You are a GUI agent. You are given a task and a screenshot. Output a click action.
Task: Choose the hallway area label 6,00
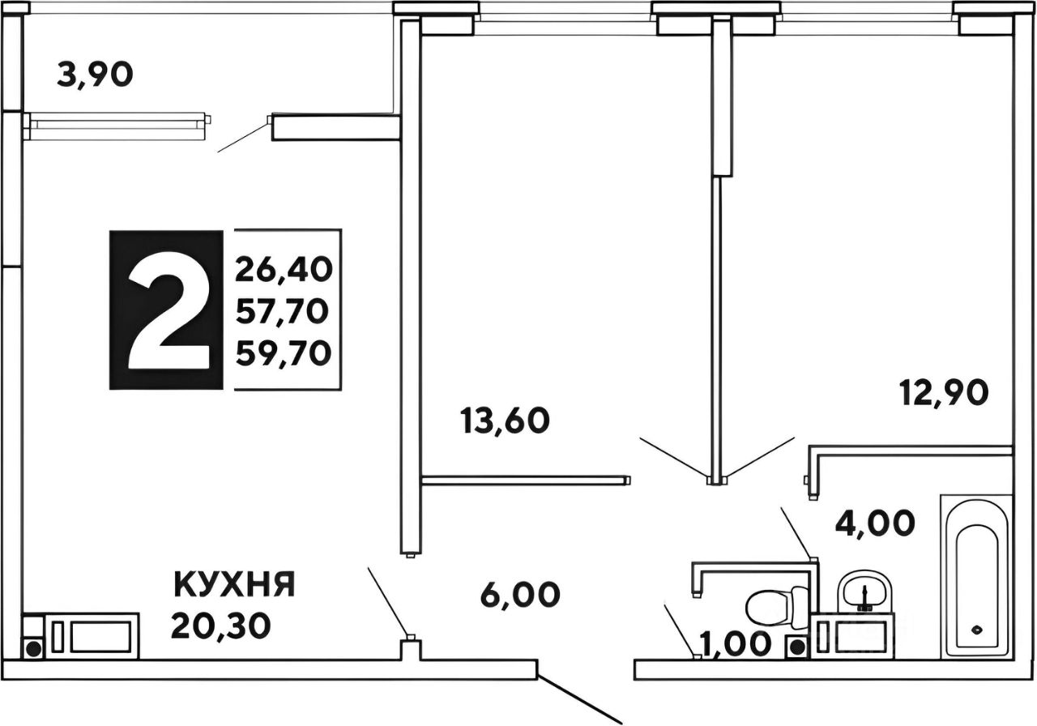(x=518, y=595)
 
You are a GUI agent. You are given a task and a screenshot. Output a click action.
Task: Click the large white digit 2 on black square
(x=166, y=310)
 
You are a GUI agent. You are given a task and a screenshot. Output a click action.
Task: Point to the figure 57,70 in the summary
(x=284, y=310)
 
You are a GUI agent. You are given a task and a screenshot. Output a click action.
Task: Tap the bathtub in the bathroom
(x=975, y=576)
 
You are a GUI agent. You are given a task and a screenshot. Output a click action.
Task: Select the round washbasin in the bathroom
(x=864, y=591)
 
